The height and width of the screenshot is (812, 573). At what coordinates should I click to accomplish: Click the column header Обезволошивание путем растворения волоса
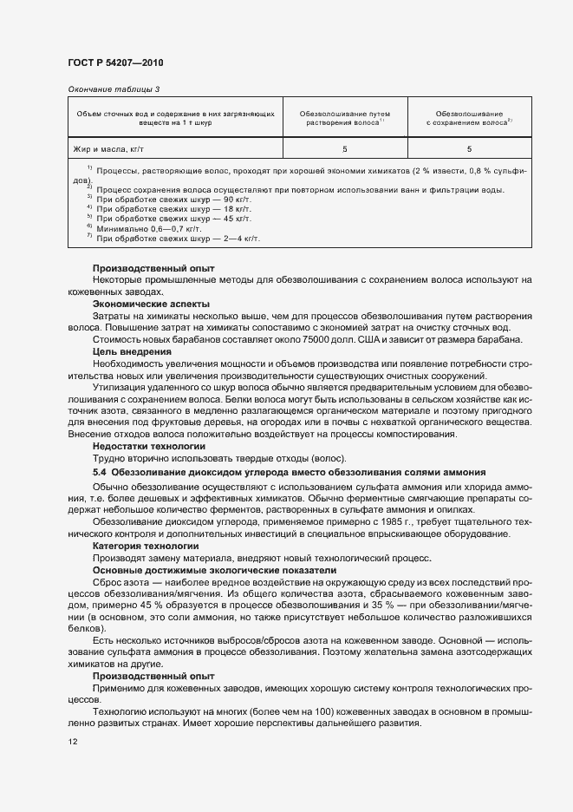[x=344, y=118]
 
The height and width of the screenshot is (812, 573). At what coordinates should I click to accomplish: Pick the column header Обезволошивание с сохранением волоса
[x=469, y=118]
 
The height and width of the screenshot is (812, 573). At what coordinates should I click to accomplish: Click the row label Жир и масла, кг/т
[x=106, y=150]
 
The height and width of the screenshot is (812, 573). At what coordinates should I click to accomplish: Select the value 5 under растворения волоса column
[x=344, y=150]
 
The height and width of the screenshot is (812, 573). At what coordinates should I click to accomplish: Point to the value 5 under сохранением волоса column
[x=469, y=150]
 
